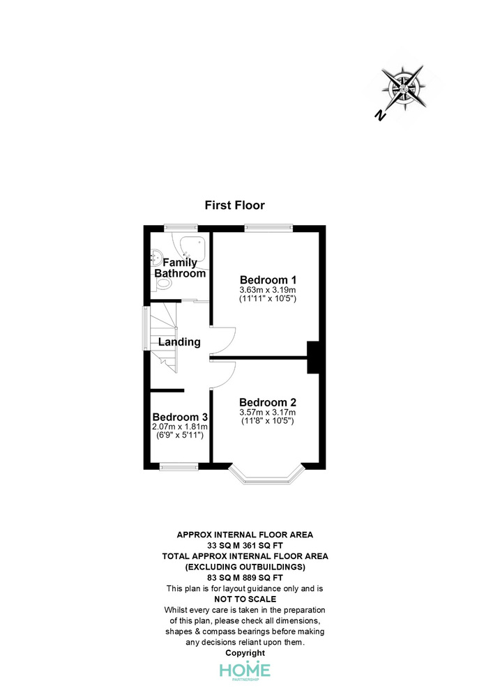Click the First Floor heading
[x=235, y=206]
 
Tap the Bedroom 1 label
[x=268, y=280]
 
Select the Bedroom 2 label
[x=268, y=402]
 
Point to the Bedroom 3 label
[x=180, y=417]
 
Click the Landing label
[x=179, y=342]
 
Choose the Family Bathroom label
[x=180, y=268]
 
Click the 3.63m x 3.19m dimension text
[x=268, y=290]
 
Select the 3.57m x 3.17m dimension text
[x=268, y=412]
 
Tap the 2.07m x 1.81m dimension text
[x=180, y=427]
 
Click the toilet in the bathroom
[x=162, y=284]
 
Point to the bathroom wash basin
[x=156, y=257]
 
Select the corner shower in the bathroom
[x=193, y=250]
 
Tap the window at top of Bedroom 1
[x=268, y=228]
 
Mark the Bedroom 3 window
[x=179, y=466]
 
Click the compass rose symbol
[x=404, y=88]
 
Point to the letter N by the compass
[x=379, y=116]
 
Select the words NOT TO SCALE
[x=245, y=599]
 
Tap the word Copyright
[x=245, y=653]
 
